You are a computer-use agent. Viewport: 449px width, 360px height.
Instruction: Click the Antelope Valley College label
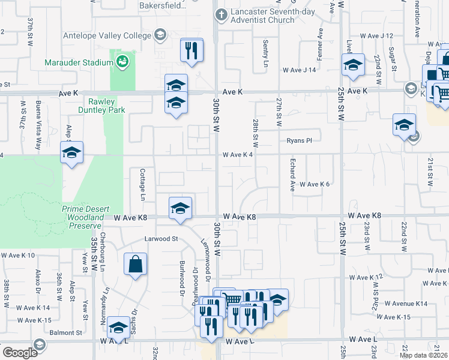pyautogui.click(x=108, y=35)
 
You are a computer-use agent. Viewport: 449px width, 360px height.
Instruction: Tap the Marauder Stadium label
pyautogui.click(x=79, y=62)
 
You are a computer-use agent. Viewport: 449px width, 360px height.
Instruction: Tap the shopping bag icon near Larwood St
pyautogui.click(x=135, y=264)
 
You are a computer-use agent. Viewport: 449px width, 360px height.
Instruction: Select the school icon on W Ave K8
pyautogui.click(x=179, y=208)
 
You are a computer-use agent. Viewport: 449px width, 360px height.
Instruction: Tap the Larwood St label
pyautogui.click(x=161, y=239)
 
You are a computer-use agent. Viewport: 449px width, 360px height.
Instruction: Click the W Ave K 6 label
pyautogui.click(x=315, y=184)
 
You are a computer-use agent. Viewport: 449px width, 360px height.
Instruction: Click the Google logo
pyautogui.click(x=20, y=353)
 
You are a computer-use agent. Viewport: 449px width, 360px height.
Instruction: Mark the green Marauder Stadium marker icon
pyautogui.click(x=122, y=61)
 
